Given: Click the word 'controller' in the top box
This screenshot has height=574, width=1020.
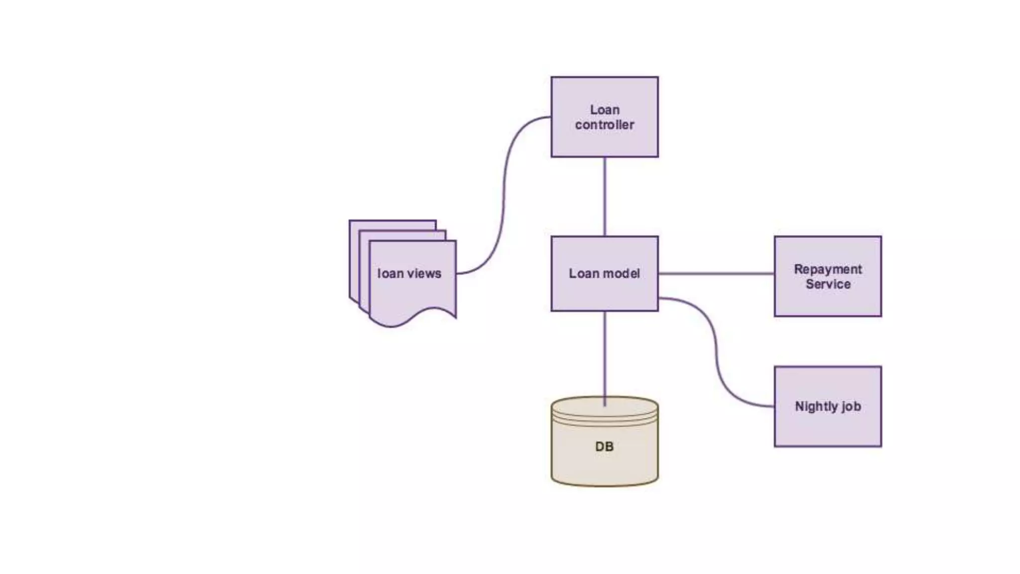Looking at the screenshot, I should coord(604,125).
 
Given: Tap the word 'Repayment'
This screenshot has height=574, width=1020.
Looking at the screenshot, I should coord(828,269).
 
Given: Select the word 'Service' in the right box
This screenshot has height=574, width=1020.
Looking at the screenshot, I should coord(828,284).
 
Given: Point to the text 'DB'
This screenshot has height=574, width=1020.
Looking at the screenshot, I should coord(604,446).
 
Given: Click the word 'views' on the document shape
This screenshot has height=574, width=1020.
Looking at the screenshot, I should coord(424,274).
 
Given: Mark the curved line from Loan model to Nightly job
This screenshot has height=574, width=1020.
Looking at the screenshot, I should coord(716,349).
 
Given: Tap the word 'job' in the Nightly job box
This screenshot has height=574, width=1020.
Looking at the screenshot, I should coord(851,407).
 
